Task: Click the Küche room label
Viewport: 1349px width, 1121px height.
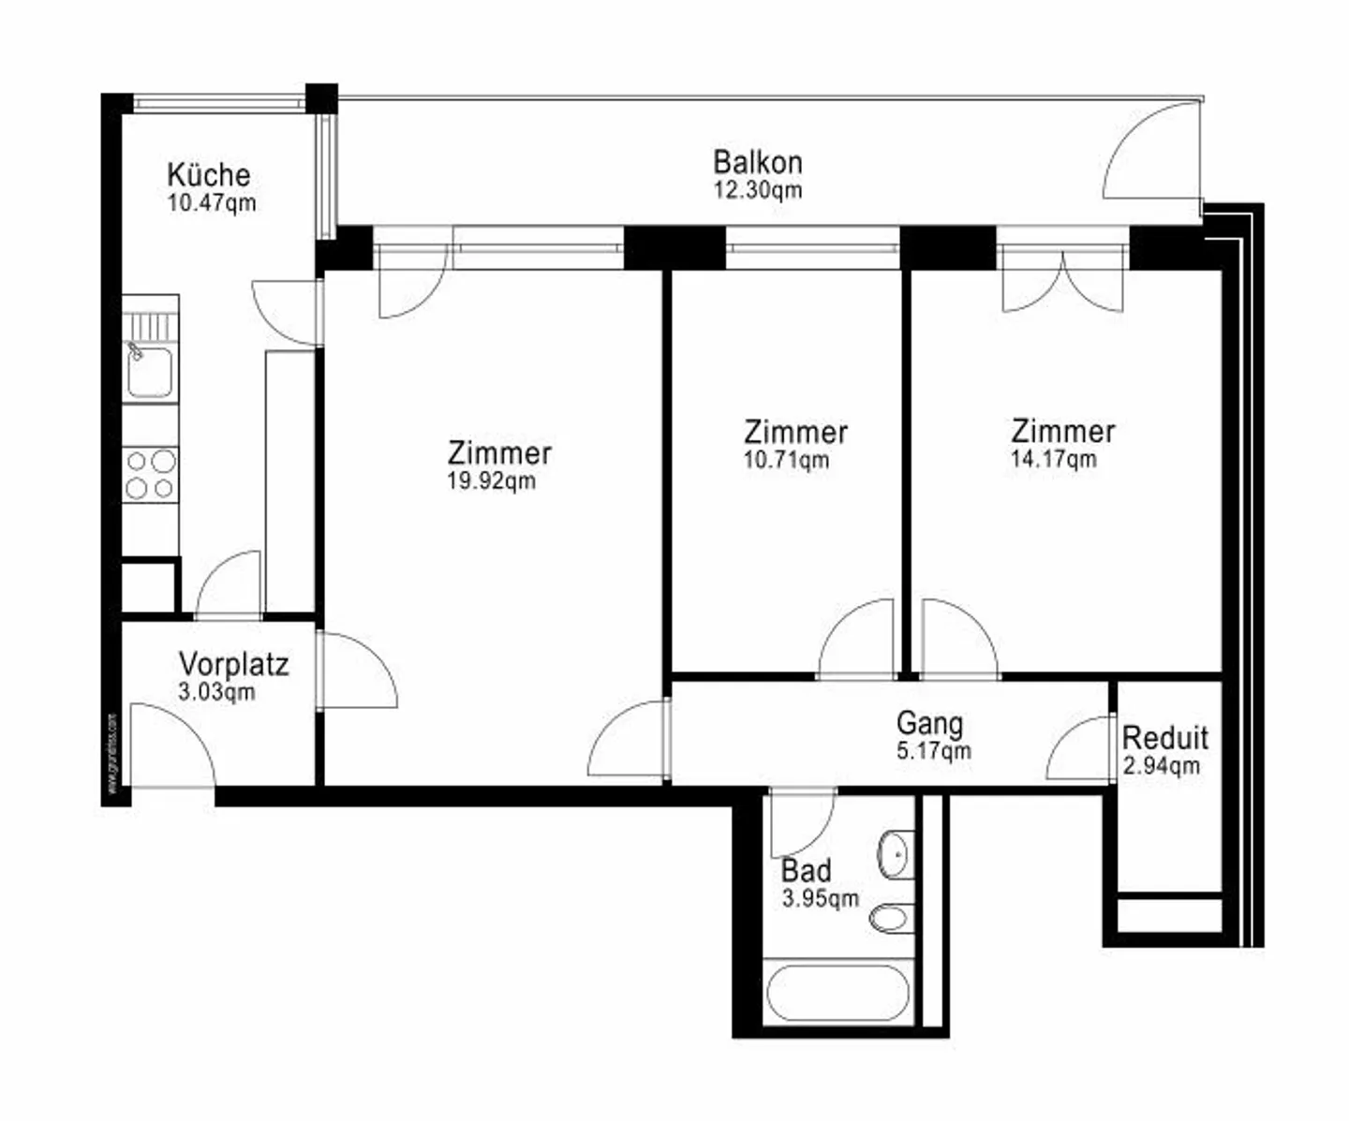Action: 208,175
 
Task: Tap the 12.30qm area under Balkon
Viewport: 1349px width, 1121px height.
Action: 757,190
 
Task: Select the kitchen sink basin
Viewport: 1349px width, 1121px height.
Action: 150,371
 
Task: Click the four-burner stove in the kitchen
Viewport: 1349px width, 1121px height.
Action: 150,474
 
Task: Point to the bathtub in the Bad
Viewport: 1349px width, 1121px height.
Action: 837,993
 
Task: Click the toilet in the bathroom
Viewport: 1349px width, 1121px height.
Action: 891,917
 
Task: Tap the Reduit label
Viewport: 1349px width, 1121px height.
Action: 1164,738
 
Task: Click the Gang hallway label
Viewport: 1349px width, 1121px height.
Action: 928,723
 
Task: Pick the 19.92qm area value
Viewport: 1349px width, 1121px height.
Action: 492,481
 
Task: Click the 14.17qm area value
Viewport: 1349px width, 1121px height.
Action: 1053,459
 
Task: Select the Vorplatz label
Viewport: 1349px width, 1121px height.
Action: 233,665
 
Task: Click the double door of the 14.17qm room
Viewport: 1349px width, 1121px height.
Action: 1062,281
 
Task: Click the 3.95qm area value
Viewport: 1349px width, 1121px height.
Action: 820,899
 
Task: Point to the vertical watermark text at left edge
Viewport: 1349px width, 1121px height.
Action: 111,755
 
